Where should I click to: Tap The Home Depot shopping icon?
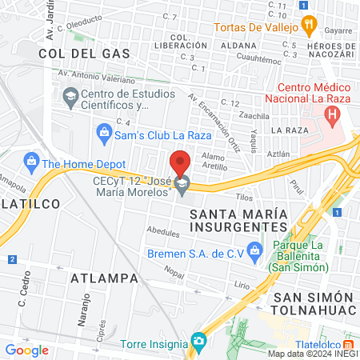tap(31, 162)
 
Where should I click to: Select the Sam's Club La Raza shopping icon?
tap(103, 130)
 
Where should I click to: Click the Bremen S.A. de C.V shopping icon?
tap(255, 250)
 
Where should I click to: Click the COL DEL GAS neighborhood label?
tap(73, 53)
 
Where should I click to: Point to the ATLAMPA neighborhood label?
tap(105, 278)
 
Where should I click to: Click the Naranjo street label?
tap(82, 308)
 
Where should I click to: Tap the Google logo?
tap(26, 350)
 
